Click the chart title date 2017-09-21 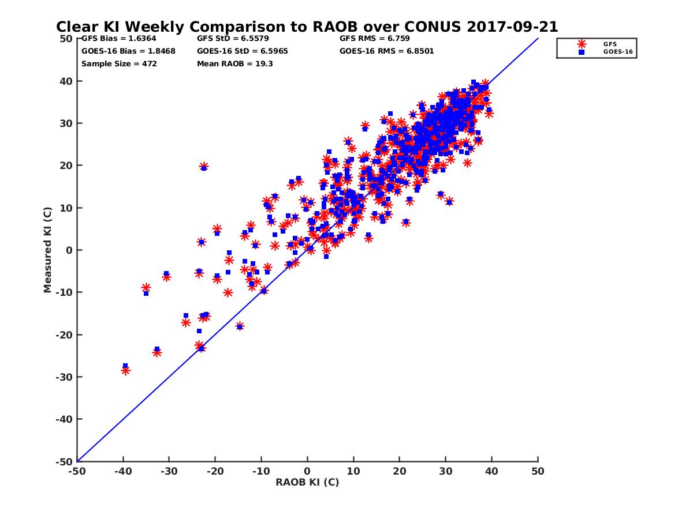(512, 27)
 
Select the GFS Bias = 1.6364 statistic (119, 39)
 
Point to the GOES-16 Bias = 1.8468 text (128, 51)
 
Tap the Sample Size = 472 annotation (119, 64)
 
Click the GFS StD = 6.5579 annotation (233, 39)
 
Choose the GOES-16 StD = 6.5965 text (242, 51)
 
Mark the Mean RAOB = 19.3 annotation (234, 64)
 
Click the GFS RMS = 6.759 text (374, 39)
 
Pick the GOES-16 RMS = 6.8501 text (386, 51)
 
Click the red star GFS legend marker (581, 44)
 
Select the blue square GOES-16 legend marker (581, 52)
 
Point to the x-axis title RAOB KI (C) (307, 482)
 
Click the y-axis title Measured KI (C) (47, 250)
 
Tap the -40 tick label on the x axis (123, 471)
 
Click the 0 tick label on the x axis (307, 471)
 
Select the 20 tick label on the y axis (66, 166)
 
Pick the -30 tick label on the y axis (64, 377)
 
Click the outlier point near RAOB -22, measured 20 (204, 167)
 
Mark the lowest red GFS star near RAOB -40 (125, 371)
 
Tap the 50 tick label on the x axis (538, 471)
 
